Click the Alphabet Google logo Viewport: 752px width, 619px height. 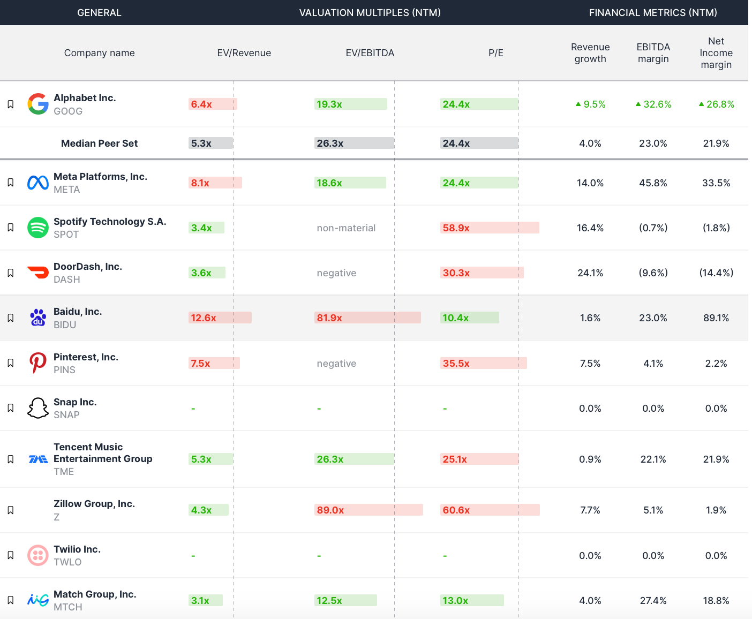[x=38, y=104]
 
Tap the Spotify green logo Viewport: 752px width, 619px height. [x=38, y=228]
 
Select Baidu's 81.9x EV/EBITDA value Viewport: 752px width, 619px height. [x=329, y=318]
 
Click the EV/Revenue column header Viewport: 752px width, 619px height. [x=244, y=53]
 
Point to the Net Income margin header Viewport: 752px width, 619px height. [x=716, y=53]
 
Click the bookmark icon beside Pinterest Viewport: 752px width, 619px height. [x=10, y=363]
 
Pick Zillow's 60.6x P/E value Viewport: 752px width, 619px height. [x=456, y=510]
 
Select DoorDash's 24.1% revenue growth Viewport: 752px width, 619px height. [x=590, y=273]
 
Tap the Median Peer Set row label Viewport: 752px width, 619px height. [x=99, y=144]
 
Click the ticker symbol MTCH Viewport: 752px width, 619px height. [x=68, y=607]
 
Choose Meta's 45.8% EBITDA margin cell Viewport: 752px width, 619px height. [x=653, y=183]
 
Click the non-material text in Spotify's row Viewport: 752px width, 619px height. [x=346, y=228]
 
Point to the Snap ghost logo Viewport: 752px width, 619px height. [x=38, y=408]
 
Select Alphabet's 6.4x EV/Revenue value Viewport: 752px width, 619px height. [x=201, y=104]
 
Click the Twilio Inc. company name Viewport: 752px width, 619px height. [x=77, y=549]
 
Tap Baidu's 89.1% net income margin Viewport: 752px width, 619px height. [x=716, y=318]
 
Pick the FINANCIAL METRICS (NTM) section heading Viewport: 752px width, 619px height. [x=652, y=13]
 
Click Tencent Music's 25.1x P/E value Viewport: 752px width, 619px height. [x=455, y=459]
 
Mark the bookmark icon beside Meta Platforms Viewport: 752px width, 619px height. [x=10, y=183]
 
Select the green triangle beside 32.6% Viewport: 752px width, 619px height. [x=638, y=104]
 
